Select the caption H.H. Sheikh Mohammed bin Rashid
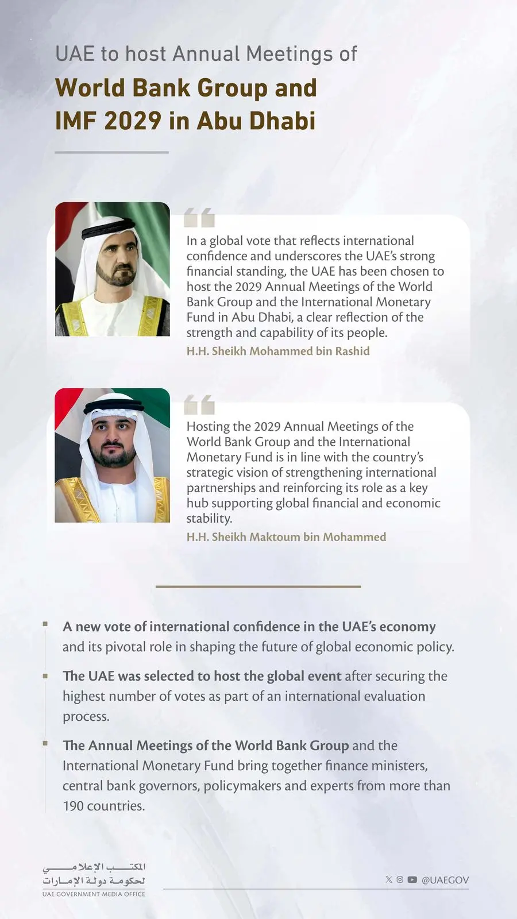point(278,351)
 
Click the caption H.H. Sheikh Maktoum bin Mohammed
point(286,537)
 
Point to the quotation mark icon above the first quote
point(199,218)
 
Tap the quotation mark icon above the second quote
point(199,404)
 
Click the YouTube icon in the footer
point(412,879)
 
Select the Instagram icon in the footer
point(400,879)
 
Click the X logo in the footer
point(389,879)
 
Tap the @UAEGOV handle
point(445,880)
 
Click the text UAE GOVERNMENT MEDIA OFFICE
point(94,894)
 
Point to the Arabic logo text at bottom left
point(94,874)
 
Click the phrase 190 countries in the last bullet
point(103,806)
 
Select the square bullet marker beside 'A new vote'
point(45,624)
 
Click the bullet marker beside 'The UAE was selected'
point(45,675)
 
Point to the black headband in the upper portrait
point(109,228)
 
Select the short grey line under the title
point(111,152)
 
